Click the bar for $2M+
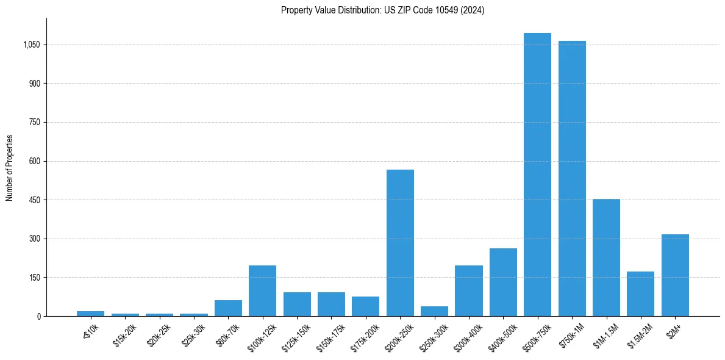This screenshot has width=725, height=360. [675, 275]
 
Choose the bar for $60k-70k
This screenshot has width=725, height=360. [228, 308]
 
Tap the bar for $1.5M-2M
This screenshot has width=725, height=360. [640, 293]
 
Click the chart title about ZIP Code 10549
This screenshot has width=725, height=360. [382, 10]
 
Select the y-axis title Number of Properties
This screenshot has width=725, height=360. [10, 167]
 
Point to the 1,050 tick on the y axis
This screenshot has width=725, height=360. [31, 45]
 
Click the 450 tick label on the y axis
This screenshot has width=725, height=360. [34, 200]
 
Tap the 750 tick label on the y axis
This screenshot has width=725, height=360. [34, 123]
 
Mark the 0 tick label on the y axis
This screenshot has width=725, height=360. [38, 316]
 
